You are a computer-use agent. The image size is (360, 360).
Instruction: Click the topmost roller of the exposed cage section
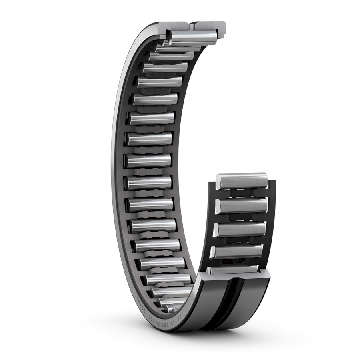(241, 181)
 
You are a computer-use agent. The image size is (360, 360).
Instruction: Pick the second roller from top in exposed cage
(241, 205)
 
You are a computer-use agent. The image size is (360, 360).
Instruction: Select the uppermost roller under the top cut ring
(193, 35)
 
